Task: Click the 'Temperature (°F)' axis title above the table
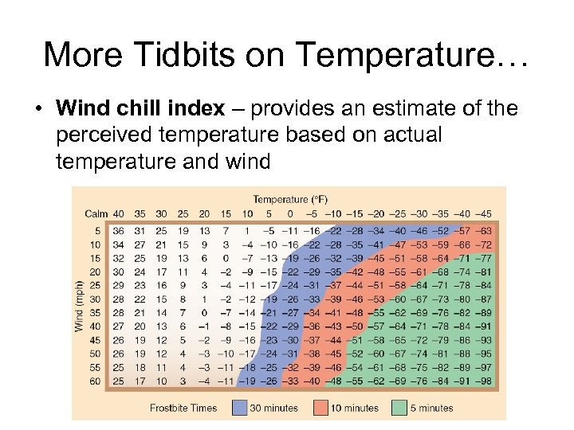(290, 199)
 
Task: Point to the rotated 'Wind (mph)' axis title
(79, 306)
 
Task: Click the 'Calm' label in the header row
(96, 213)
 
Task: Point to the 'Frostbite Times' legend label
(184, 408)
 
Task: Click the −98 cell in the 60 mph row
(483, 381)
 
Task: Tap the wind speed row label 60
(95, 381)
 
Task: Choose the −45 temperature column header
(483, 213)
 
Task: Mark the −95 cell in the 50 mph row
(483, 354)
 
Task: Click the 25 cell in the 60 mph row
(119, 381)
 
